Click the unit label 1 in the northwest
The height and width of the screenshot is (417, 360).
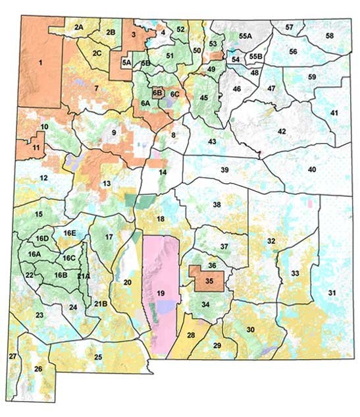40,63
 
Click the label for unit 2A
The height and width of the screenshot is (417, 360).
79,26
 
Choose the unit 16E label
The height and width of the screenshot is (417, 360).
70,233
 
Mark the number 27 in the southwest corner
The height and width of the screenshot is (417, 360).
13,356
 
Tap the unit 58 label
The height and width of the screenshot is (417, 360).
329,34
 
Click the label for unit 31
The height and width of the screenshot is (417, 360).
332,292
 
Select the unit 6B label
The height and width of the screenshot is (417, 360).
157,94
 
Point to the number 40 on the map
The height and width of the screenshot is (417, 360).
312,169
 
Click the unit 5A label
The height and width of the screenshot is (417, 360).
127,63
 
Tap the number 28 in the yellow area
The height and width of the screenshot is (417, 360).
191,336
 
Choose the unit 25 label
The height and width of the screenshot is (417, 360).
98,357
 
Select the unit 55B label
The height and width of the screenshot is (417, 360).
255,57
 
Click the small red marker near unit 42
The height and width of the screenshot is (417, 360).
260,153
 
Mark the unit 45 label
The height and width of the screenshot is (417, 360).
204,97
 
